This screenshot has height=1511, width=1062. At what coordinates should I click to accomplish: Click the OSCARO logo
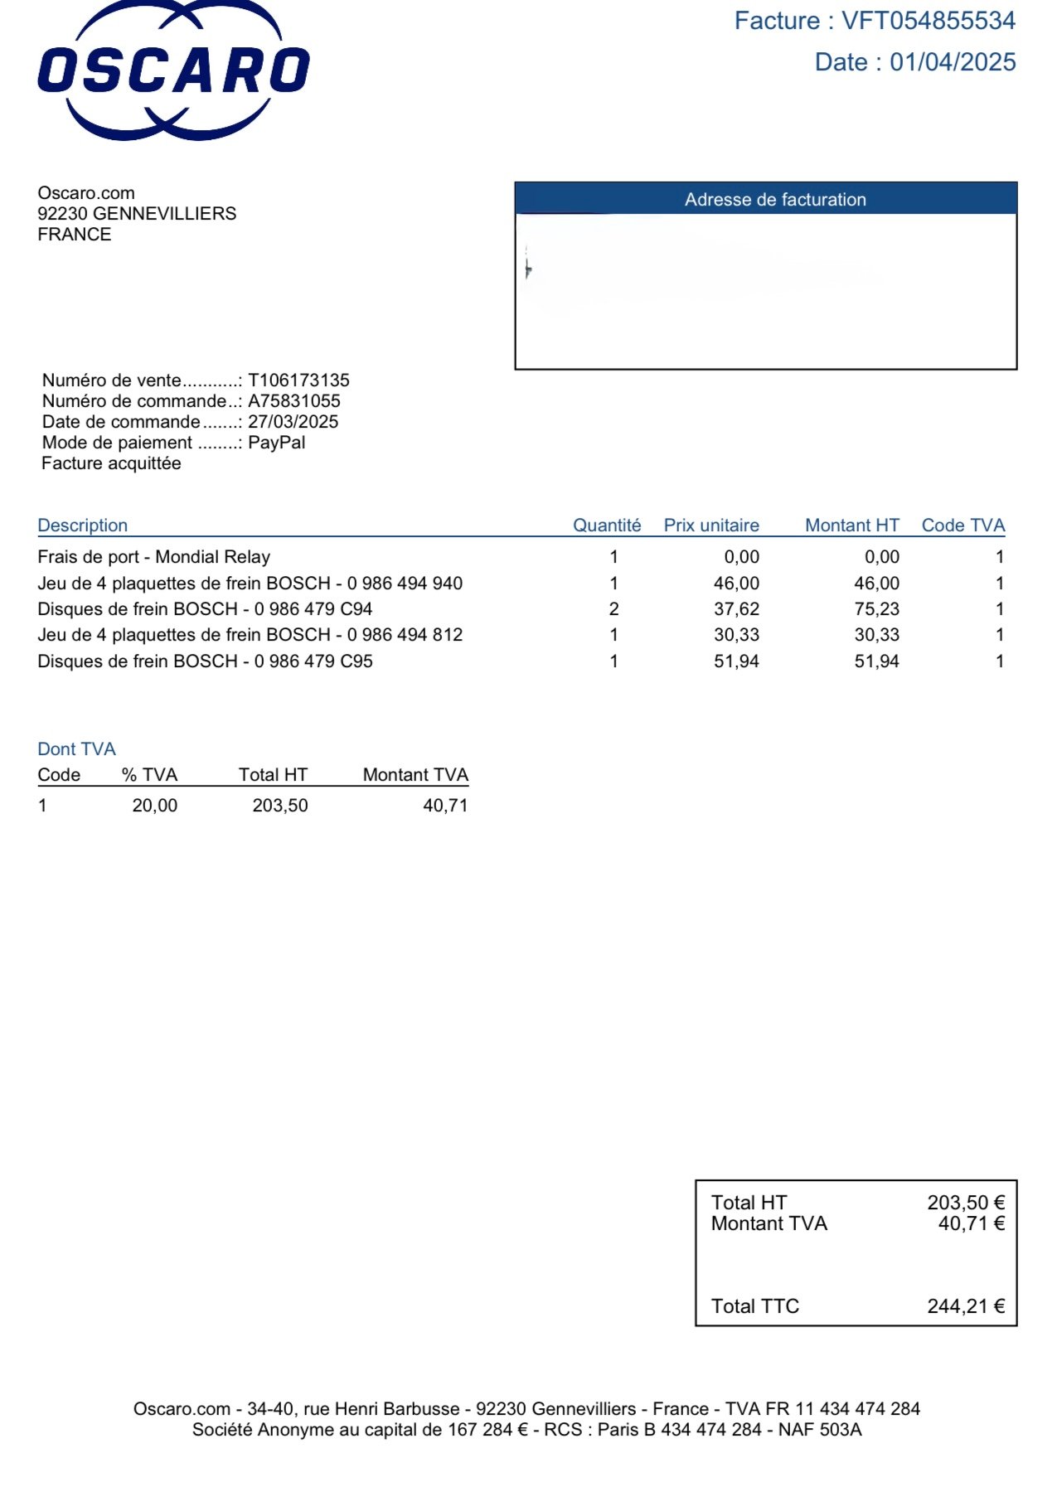pos(173,70)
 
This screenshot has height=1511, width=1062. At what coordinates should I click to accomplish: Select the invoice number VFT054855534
pos(929,21)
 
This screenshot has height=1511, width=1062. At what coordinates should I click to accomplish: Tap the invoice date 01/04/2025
pos(953,62)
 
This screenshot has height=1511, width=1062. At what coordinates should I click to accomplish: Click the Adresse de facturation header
pos(774,200)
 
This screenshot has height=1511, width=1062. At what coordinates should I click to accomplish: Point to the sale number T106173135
pos(298,380)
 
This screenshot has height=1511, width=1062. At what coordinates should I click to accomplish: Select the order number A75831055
pos(294,401)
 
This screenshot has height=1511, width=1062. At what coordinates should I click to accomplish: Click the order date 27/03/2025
pos(293,422)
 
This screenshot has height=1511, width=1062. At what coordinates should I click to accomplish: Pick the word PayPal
pos(276,443)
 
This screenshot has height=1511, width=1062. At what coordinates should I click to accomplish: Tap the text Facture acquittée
pos(111,463)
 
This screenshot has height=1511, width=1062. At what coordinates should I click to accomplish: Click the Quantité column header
pos(607,525)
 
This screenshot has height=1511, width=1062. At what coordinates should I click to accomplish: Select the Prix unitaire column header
pos(711,525)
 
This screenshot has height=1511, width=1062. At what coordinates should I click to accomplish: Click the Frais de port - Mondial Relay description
pos(154,557)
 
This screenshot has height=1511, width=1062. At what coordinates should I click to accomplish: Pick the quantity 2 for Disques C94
pos(613,609)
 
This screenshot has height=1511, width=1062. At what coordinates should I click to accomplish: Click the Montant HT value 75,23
pos(876,609)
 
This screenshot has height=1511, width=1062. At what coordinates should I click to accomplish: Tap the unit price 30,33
pos(736,635)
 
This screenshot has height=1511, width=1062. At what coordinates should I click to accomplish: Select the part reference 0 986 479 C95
pos(313,661)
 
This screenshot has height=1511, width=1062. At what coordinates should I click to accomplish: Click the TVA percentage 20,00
pos(154,806)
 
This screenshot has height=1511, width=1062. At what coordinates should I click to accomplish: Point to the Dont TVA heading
pos(76,749)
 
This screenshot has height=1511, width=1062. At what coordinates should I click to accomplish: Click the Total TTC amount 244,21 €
pos(965,1306)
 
